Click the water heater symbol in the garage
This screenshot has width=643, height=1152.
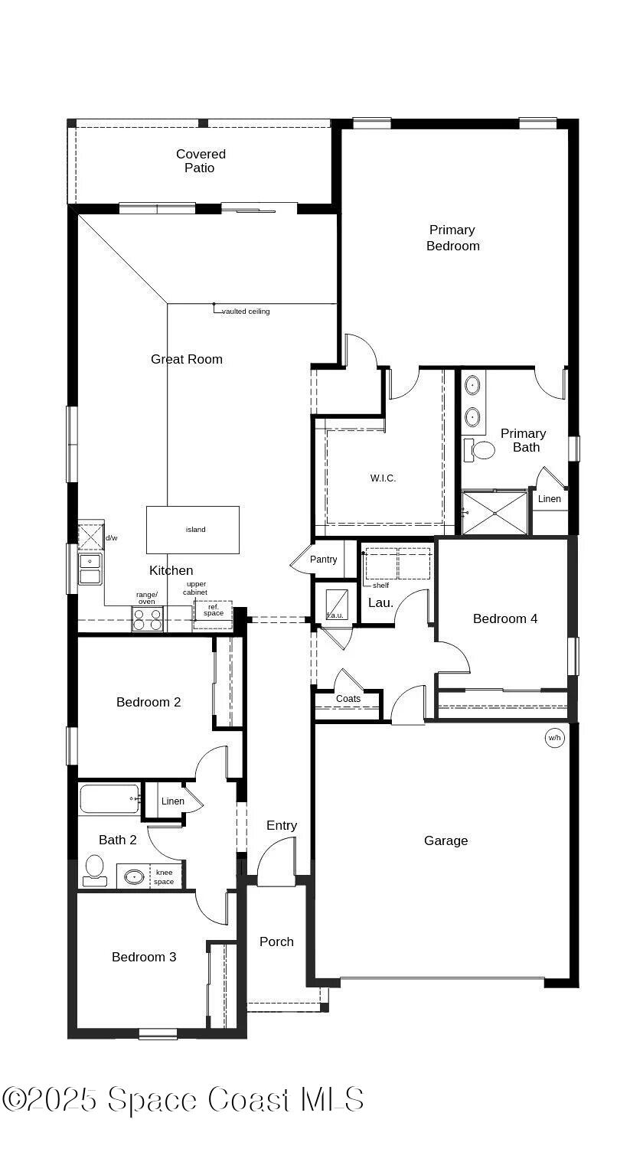pos(554,738)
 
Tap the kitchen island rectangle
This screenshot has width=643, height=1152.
pos(193,530)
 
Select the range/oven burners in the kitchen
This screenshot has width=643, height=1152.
pos(148,618)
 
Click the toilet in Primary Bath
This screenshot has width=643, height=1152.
pos(480,449)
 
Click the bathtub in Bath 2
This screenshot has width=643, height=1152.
pos(109,799)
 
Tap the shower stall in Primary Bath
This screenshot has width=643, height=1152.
pos(494,513)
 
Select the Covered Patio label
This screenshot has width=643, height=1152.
pos(201,161)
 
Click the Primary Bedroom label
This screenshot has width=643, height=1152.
pos(452,237)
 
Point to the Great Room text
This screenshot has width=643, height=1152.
pos(187,359)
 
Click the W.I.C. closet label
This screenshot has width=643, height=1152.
pos(383,478)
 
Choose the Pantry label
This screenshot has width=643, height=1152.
pos(324,560)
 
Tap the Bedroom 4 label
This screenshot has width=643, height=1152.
pos(505,618)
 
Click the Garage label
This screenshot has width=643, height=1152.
pos(446,840)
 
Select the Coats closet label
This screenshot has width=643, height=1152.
pos(348,699)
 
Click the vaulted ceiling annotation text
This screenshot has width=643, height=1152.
pos(246,312)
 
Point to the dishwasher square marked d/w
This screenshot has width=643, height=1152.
pos(90,537)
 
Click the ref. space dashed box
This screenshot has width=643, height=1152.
pos(213,611)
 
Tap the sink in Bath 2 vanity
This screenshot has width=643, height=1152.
pos(135,876)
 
